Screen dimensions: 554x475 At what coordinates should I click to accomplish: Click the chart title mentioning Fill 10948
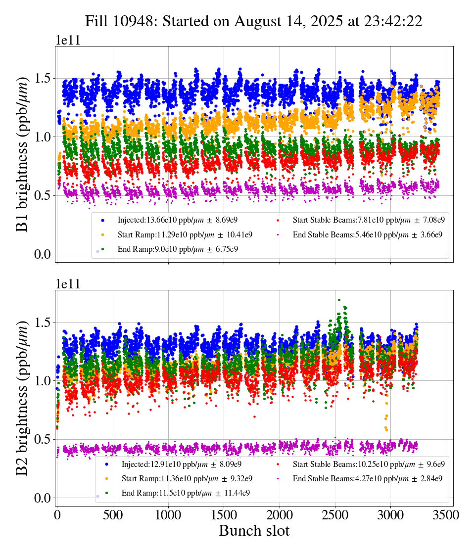[x=253, y=21]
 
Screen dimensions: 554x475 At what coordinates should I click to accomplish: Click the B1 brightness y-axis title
[x=22, y=151]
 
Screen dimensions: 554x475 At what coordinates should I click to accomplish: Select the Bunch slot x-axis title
[x=254, y=531]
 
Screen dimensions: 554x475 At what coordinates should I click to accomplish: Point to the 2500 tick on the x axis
[x=335, y=515]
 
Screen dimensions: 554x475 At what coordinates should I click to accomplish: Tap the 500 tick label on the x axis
[x=113, y=515]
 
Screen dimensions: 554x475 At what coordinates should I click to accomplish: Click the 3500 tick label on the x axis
[x=447, y=515]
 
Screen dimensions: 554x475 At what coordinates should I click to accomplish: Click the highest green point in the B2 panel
[x=339, y=300]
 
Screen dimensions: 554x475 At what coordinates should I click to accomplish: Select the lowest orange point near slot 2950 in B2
[x=386, y=430]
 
